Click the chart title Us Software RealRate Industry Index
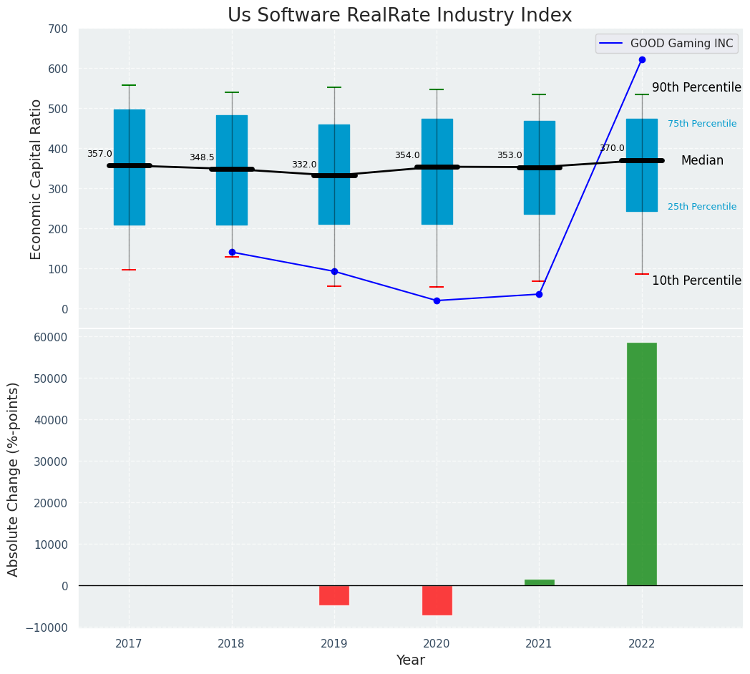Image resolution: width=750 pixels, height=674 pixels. click(x=399, y=16)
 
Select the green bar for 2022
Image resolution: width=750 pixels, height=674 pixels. click(x=641, y=464)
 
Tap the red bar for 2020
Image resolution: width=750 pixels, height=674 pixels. click(x=437, y=600)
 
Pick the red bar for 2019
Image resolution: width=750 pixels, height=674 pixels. click(x=334, y=595)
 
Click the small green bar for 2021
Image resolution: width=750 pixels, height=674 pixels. click(x=539, y=582)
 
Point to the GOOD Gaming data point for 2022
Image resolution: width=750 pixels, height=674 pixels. click(x=642, y=59)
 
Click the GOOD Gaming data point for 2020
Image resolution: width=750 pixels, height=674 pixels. click(x=437, y=301)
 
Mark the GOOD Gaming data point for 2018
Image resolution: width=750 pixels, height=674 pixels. click(x=232, y=252)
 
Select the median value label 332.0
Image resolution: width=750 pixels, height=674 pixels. click(x=303, y=165)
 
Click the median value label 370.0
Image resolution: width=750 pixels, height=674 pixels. click(x=612, y=148)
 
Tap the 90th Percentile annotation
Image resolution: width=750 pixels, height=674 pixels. click(x=696, y=87)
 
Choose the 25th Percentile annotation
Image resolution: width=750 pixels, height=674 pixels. click(x=701, y=207)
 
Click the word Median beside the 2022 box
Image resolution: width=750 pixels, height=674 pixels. click(x=701, y=161)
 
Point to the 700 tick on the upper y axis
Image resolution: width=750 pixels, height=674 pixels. click(x=58, y=29)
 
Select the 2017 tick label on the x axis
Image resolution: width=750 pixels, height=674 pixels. click(x=129, y=644)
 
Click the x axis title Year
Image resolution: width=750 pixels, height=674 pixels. click(x=410, y=660)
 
